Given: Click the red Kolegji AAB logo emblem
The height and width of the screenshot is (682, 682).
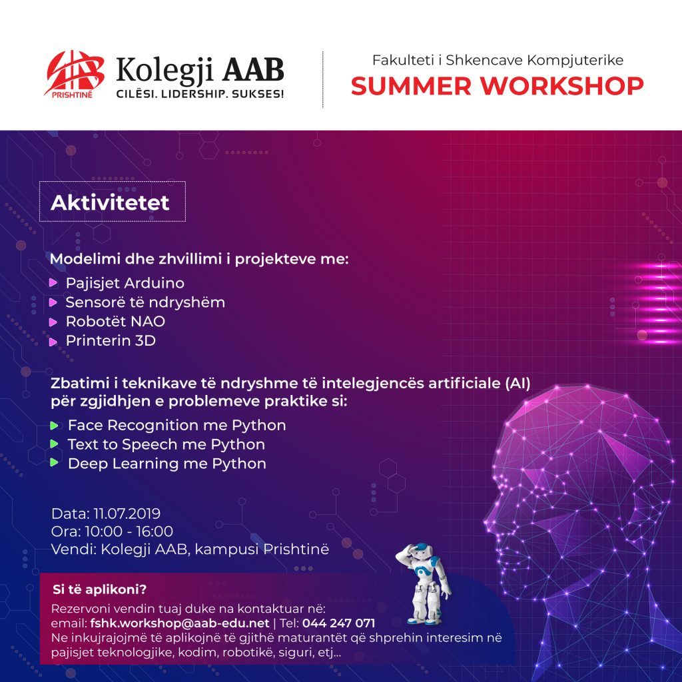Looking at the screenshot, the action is tap(74, 74).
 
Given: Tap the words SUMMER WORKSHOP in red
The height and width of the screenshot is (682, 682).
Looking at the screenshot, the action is tap(497, 86).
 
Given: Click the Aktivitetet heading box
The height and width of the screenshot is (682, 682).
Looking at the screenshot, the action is tap(112, 201).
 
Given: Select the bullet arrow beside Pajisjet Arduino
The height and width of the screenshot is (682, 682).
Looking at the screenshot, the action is tap(53, 283).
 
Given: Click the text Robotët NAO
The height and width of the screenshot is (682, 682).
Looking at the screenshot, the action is tap(115, 322).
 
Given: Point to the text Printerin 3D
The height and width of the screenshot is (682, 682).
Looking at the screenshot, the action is tap(111, 340).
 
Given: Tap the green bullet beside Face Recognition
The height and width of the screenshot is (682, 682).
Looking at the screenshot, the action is tap(54, 426).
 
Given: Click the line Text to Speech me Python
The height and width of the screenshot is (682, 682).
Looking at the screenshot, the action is tap(166, 444).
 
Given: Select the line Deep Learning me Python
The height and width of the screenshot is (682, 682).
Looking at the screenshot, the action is tap(167, 464).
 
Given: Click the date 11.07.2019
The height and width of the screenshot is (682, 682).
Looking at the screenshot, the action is tap(127, 513).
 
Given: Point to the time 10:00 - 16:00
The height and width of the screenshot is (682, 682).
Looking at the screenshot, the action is tap(129, 531).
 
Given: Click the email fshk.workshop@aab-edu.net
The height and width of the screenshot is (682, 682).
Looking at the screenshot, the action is tap(180, 623).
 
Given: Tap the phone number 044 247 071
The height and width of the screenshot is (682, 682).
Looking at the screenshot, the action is tap(338, 623).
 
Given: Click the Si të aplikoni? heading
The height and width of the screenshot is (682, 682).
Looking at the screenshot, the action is tap(100, 589).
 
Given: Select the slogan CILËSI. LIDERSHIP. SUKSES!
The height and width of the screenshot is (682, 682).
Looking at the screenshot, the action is tap(200, 93).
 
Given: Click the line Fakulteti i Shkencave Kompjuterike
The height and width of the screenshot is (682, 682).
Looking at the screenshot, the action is tap(498, 60).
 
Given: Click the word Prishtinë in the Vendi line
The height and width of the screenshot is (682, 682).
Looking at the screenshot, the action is tap(296, 549).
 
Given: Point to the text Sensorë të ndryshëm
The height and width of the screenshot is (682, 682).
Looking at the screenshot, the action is tap(145, 302).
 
